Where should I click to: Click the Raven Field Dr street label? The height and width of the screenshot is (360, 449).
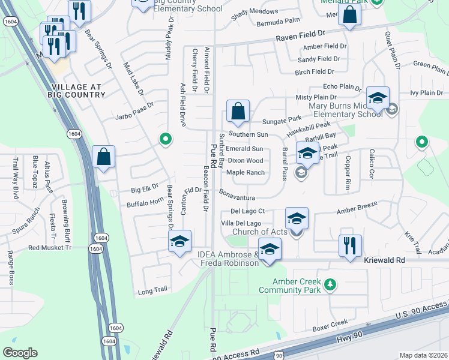pos(300,37)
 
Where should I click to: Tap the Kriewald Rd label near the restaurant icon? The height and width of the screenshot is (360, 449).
pos(385,260)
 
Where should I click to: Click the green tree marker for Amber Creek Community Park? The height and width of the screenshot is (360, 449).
pos(329,284)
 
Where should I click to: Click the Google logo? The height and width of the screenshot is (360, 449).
pos(20,352)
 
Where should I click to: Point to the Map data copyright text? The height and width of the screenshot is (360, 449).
pos(423,355)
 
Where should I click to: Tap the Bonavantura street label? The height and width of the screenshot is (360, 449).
pos(237,197)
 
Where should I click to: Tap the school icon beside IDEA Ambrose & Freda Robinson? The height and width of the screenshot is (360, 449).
pos(270,248)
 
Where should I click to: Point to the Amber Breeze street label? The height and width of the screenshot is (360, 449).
pos(357,207)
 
